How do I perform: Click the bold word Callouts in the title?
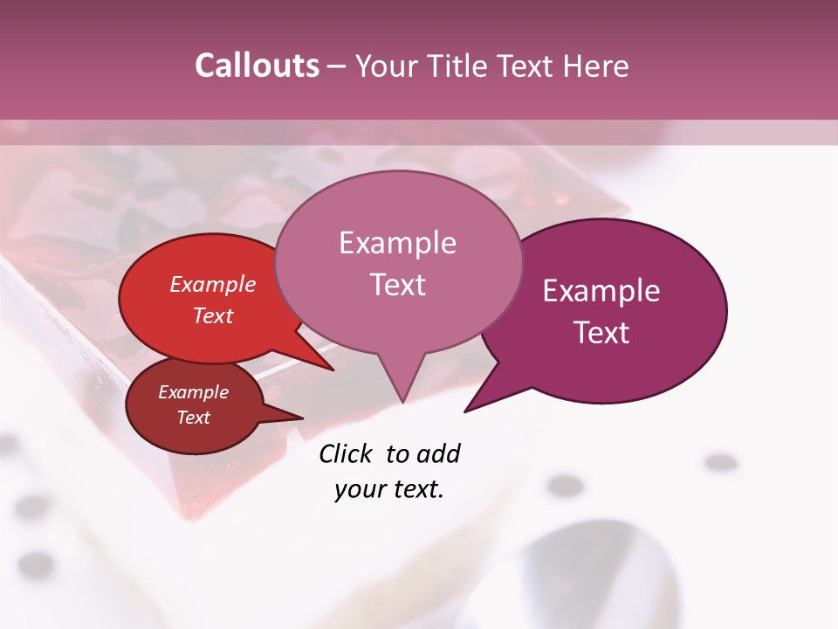tap(257, 66)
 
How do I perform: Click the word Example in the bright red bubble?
tap(213, 285)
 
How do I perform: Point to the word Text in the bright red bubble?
tap(213, 315)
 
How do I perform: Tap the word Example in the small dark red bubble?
tap(194, 392)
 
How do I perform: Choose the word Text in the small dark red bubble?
tap(194, 418)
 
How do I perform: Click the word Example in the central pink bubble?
tap(397, 243)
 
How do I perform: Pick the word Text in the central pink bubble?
tap(397, 285)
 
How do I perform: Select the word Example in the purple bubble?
tap(601, 291)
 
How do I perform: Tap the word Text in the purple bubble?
tap(601, 332)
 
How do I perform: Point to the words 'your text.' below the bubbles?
tap(389, 489)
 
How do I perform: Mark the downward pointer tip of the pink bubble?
tap(402, 401)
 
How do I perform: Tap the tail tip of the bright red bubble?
tap(333, 370)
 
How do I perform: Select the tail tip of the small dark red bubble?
tap(302, 418)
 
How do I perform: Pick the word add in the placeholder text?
tap(437, 453)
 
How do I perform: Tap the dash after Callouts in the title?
tap(337, 66)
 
